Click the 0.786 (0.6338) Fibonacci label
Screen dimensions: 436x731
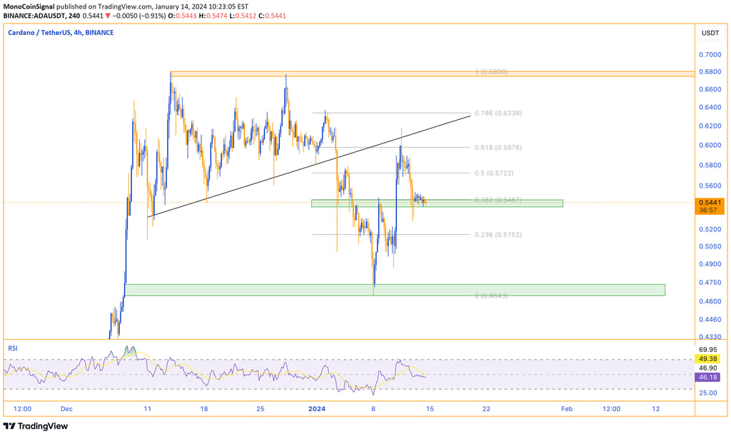(x=503, y=113)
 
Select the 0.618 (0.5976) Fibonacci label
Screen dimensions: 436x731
(x=503, y=147)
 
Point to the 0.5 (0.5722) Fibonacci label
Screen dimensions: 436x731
(x=493, y=173)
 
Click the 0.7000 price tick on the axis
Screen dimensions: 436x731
(x=710, y=54)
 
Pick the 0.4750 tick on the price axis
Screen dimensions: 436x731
(x=710, y=282)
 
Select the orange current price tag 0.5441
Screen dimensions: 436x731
(x=710, y=202)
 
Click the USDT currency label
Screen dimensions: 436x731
(x=710, y=34)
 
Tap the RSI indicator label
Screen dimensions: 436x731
(x=13, y=348)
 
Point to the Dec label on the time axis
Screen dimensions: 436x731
(x=66, y=409)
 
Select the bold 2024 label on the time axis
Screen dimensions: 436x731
(x=316, y=409)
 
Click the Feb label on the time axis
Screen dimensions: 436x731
(x=566, y=409)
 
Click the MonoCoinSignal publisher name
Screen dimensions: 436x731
(x=29, y=6)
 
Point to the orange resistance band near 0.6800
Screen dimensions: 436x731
(x=432, y=73)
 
